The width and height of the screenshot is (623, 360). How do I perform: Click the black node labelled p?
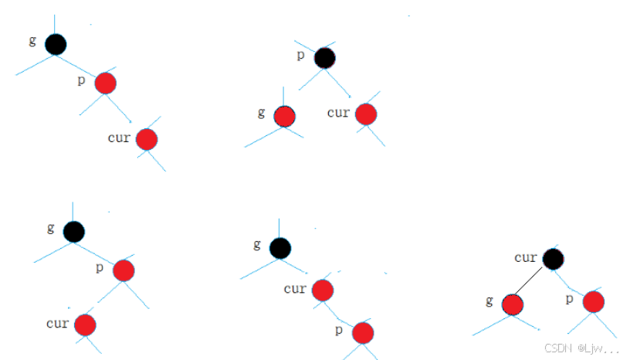click(324, 57)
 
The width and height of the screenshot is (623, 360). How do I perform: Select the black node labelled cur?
click(552, 259)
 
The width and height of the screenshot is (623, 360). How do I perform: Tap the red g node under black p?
click(284, 116)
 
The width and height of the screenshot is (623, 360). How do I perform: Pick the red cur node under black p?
click(365, 114)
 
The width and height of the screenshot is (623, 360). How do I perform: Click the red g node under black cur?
click(512, 304)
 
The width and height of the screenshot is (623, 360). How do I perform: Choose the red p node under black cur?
click(593, 301)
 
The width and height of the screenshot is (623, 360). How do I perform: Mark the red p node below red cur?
click(363, 332)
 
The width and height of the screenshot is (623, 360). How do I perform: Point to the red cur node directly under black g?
click(322, 290)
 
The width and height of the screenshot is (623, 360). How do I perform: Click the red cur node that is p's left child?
click(85, 324)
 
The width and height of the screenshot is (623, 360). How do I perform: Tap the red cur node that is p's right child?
click(146, 139)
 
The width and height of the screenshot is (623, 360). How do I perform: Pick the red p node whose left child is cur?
click(124, 270)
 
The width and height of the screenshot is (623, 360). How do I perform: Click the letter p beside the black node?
click(301, 54)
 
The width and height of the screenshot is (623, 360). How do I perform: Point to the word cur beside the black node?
click(525, 256)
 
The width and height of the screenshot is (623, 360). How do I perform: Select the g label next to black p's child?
click(262, 113)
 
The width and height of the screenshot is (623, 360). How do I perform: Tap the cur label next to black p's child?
click(338, 113)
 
